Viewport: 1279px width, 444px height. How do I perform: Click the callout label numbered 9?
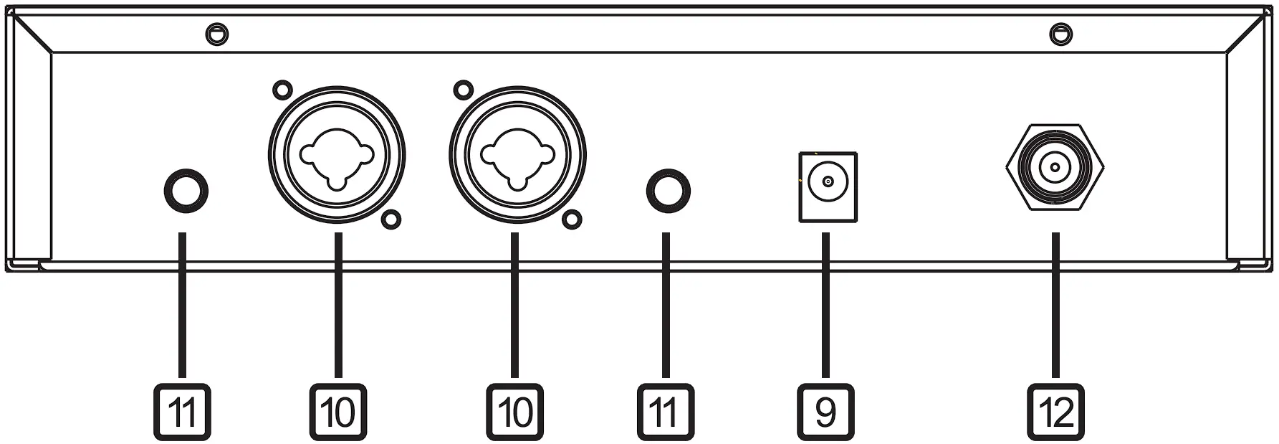pos(826,412)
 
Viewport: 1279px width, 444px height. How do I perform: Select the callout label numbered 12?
pos(1055,412)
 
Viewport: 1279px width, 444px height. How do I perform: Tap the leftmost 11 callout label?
pos(183,412)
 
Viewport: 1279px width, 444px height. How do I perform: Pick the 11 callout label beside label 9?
pos(666,412)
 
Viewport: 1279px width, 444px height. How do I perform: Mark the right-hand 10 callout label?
pos(514,412)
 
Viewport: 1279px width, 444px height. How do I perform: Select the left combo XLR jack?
pos(337,157)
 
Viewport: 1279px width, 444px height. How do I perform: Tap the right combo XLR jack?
pos(517,157)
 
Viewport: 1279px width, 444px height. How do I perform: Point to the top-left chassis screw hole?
pos(216,33)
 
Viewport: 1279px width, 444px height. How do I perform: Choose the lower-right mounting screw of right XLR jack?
pos(572,219)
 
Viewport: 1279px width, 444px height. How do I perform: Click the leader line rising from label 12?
pos(1055,308)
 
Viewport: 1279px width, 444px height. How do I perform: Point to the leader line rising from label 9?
pos(826,308)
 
